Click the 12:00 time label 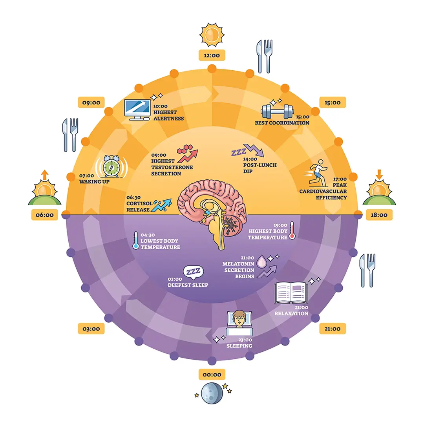(212, 55)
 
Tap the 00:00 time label (212, 374)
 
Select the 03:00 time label (91, 329)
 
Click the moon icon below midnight (212, 394)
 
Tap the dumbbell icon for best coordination (277, 111)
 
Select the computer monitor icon (137, 109)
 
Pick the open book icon (291, 293)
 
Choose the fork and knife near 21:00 (367, 270)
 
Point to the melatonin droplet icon (261, 261)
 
